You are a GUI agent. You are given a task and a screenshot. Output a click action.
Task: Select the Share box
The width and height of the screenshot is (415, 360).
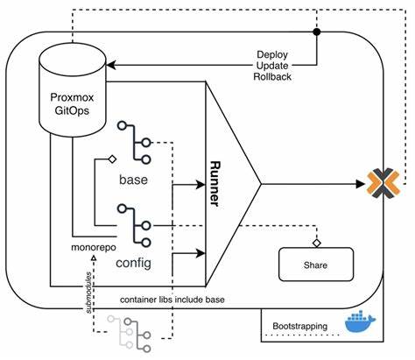click(x=315, y=263)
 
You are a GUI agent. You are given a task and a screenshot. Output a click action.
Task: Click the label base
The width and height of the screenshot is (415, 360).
click(x=134, y=180)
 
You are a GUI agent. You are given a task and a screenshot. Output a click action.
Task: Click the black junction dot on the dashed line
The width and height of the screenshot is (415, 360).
click(x=316, y=34)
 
